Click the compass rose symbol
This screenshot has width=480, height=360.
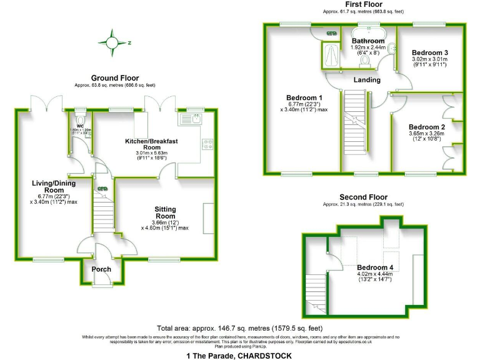[x=112, y=42]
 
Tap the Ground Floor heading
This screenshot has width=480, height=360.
[x=114, y=78]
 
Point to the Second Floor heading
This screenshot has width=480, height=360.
[x=363, y=197]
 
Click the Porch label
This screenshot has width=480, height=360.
[x=101, y=269]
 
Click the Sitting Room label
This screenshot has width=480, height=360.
[x=165, y=213]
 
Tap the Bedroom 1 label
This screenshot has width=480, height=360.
[x=304, y=98]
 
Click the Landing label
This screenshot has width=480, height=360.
[x=367, y=80]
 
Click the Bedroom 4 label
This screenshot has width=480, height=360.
[x=374, y=266]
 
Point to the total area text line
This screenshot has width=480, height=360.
[x=240, y=328]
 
